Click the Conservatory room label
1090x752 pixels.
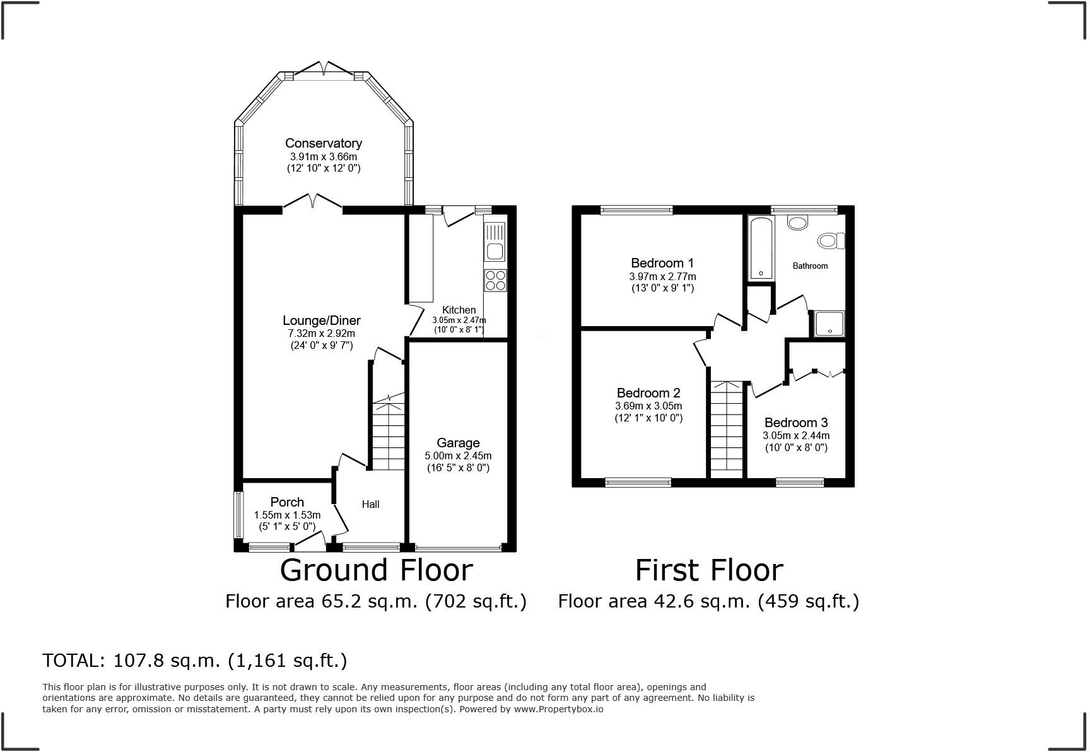323,144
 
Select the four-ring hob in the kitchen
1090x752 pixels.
495,280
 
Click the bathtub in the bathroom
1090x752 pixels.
760,249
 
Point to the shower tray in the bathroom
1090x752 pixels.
828,324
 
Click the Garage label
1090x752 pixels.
458,443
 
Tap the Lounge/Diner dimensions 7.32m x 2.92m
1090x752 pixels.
321,333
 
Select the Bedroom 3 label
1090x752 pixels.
795,423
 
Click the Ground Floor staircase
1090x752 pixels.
388,435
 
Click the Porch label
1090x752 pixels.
287,502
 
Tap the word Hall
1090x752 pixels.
370,504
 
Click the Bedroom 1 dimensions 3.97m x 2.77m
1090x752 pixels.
662,276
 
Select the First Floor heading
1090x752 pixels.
708,570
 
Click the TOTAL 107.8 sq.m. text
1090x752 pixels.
194,661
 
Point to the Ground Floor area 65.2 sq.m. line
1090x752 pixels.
375,601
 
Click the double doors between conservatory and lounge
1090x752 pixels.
313,202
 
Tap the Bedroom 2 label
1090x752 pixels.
648,393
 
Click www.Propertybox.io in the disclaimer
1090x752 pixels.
558,709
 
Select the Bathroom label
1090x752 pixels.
810,266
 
